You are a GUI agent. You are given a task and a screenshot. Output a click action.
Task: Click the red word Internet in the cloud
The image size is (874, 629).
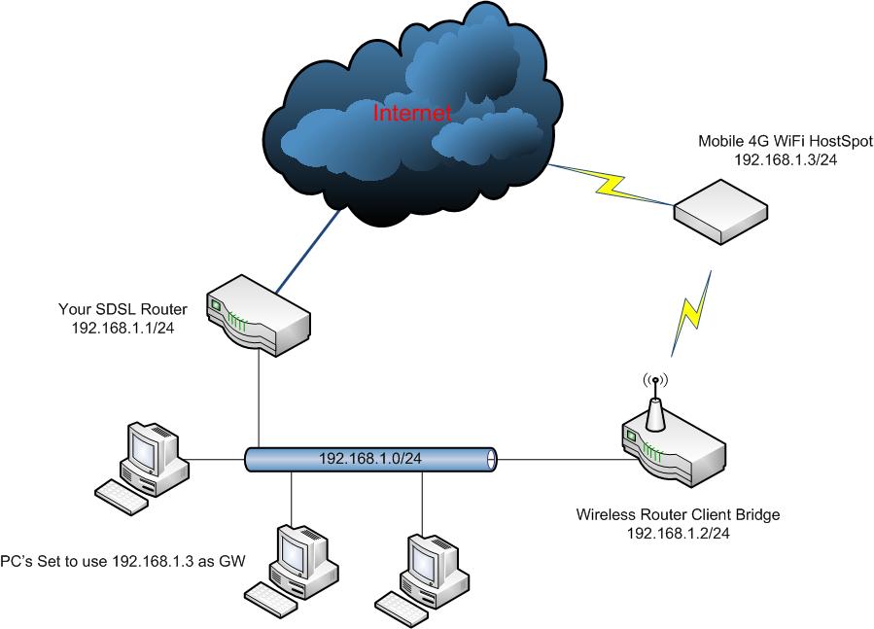[x=412, y=113]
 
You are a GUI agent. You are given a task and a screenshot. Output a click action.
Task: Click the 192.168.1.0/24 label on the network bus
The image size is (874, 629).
[x=369, y=458]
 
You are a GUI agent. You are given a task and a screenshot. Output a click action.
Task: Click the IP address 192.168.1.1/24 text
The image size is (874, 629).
[x=122, y=328]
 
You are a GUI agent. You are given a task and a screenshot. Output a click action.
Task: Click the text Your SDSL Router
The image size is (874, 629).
[x=122, y=310]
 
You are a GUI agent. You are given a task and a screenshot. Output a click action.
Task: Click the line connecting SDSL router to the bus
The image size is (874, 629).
[x=259, y=399]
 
